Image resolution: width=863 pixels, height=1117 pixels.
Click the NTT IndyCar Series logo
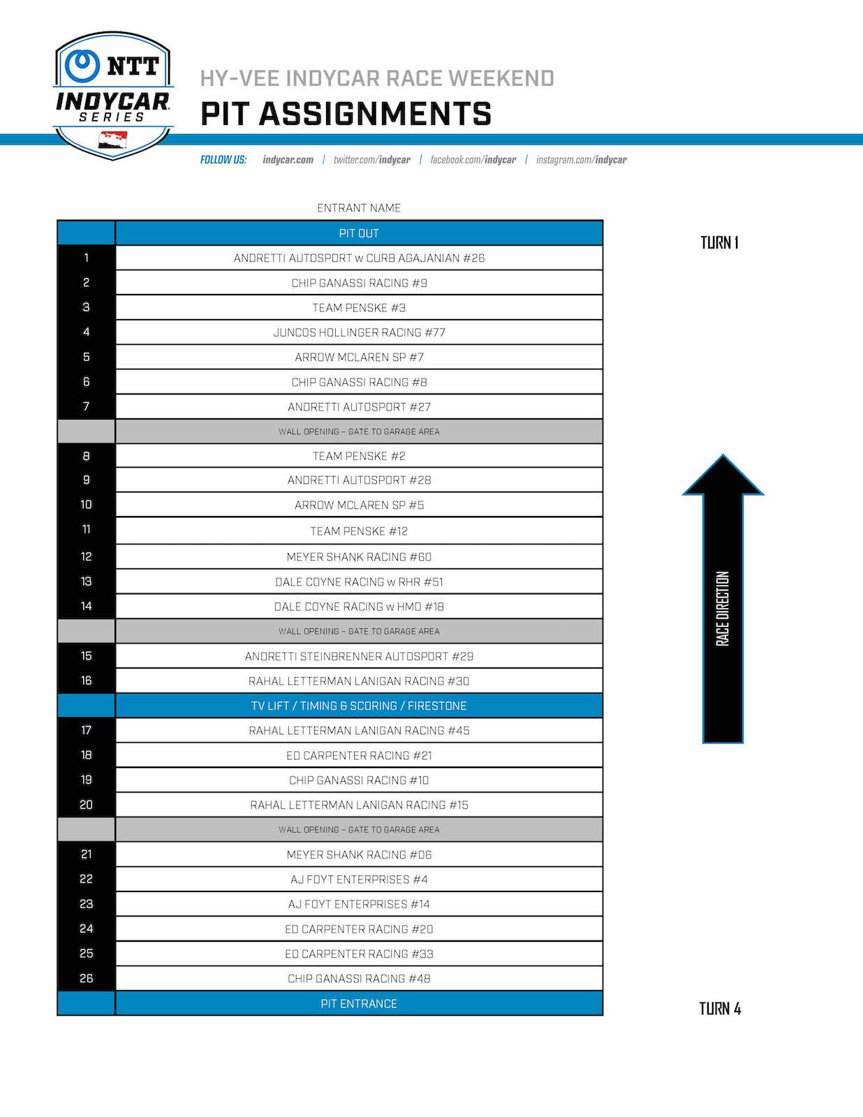(x=113, y=94)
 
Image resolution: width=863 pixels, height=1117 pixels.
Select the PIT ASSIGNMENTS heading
(x=346, y=114)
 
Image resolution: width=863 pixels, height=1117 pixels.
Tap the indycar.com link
(x=288, y=160)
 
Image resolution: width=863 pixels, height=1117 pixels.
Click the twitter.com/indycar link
(x=371, y=160)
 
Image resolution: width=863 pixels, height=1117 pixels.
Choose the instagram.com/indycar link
(x=581, y=160)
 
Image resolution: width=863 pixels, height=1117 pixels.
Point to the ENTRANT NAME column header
(x=359, y=208)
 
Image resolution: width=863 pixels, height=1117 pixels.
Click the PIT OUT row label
(x=359, y=233)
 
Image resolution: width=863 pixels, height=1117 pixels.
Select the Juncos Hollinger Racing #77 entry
(x=359, y=332)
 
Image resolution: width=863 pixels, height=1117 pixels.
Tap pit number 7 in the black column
(x=86, y=406)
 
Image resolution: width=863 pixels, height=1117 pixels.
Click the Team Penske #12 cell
(x=359, y=531)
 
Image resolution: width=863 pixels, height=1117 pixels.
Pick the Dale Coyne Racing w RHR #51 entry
(x=359, y=582)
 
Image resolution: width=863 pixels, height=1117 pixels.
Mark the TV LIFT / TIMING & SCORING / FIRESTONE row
(x=359, y=706)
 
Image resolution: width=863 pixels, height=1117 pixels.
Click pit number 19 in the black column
(x=86, y=780)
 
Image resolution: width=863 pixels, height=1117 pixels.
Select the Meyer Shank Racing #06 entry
(x=359, y=855)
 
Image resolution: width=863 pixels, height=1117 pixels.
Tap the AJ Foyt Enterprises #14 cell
(x=359, y=904)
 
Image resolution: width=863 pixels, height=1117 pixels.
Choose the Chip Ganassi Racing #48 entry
(x=359, y=979)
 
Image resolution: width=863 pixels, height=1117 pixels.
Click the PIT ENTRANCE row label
(x=359, y=1004)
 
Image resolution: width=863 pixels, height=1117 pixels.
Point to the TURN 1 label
(x=719, y=243)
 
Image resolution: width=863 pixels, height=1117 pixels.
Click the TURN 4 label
(x=720, y=1009)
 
